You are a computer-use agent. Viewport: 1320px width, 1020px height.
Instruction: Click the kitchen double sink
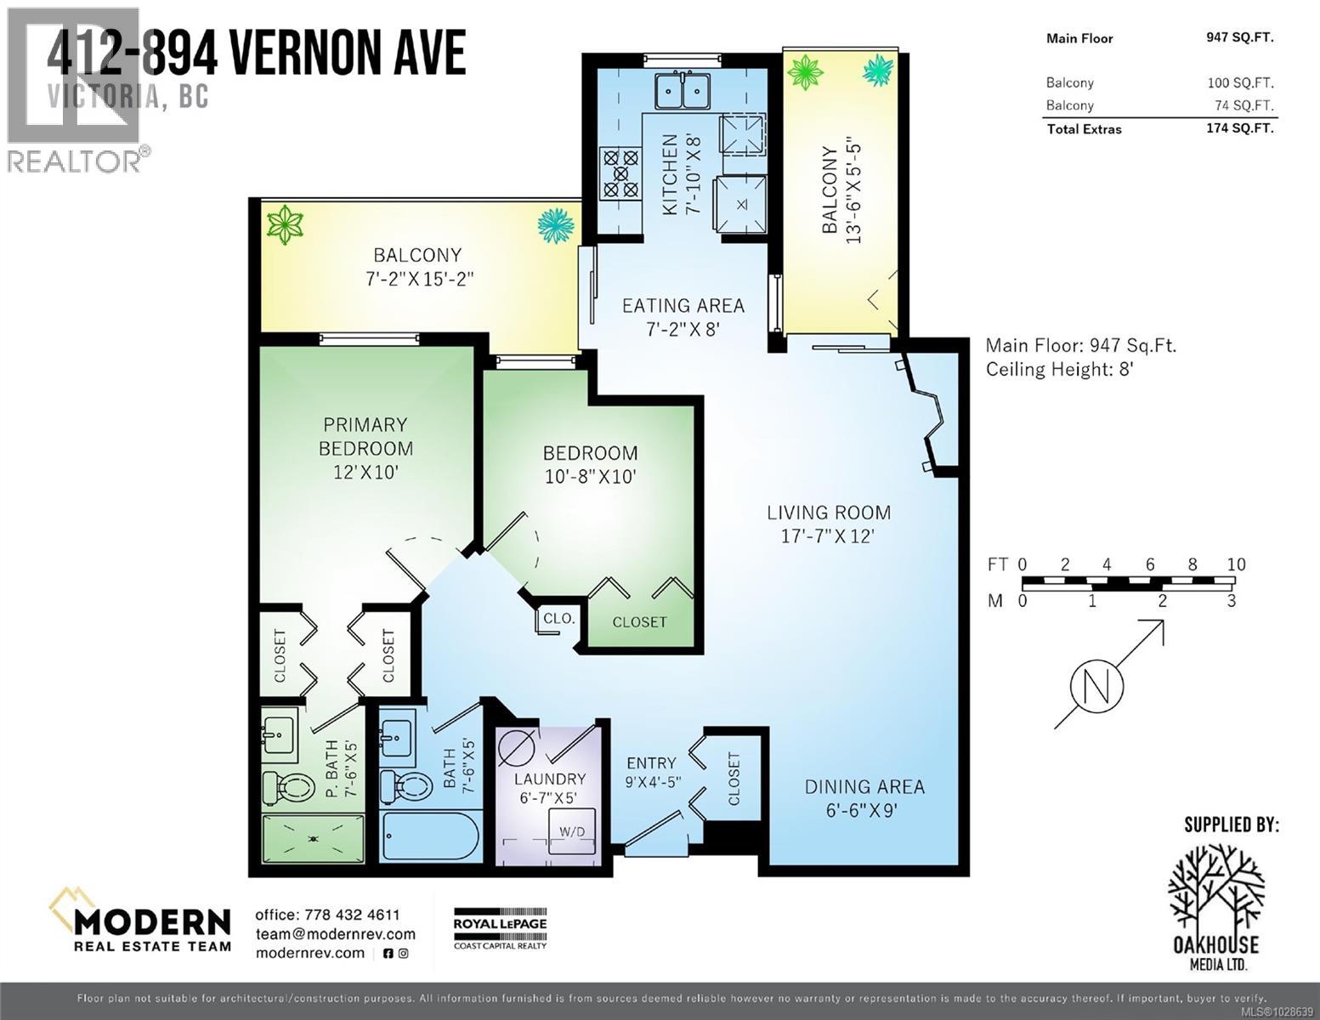click(x=683, y=91)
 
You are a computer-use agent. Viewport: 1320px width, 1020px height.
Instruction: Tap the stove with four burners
click(x=620, y=173)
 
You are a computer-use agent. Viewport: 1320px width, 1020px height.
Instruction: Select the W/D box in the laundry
click(x=571, y=831)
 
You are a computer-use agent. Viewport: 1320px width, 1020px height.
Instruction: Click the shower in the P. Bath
click(x=313, y=839)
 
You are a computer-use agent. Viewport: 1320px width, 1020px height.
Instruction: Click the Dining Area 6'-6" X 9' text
click(x=864, y=798)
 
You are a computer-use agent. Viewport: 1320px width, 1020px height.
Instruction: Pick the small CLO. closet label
click(x=558, y=619)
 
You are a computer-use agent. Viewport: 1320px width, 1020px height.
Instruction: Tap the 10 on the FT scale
click(x=1235, y=564)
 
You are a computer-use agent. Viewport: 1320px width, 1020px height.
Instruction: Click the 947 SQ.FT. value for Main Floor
click(x=1239, y=37)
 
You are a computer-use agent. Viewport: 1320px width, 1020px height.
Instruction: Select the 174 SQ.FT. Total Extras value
click(x=1239, y=128)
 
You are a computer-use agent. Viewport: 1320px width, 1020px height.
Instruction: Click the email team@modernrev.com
click(x=335, y=934)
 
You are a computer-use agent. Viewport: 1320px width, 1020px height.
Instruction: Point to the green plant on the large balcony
click(x=285, y=224)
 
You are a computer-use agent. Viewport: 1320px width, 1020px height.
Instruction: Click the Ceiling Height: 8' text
click(x=1060, y=369)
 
